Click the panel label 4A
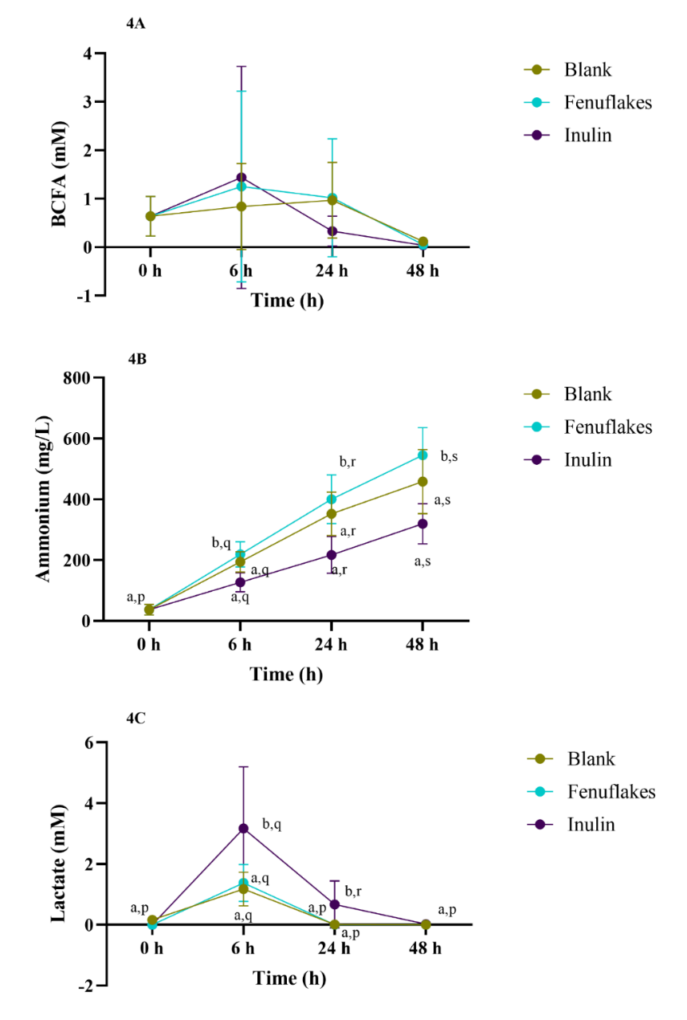pos(135,24)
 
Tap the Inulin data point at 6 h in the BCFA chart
pos(241,177)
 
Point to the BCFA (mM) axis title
pos(61,174)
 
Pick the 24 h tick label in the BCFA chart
pos(331,270)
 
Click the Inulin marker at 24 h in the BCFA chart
pos(331,231)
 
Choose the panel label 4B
pos(135,358)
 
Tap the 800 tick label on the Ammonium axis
pos(77,377)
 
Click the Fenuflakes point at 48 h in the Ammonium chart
pos(422,455)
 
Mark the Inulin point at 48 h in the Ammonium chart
pos(422,524)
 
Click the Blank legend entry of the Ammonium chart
pos(587,394)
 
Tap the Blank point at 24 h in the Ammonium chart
pos(331,514)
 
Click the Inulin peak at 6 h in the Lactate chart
pos(243,829)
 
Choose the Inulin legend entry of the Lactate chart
pos(590,824)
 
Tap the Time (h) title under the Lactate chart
pos(289,979)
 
